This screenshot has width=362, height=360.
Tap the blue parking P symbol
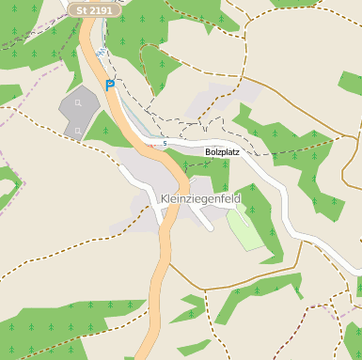pos(109,85)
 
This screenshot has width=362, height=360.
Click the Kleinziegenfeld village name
pos(200,199)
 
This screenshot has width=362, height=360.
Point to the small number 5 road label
pos(164,144)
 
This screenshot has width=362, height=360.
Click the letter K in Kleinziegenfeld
pos(165,199)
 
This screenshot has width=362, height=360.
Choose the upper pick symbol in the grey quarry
pos(78,102)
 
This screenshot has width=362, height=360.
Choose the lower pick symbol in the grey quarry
pos(78,130)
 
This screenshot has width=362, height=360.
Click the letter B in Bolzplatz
pos(209,150)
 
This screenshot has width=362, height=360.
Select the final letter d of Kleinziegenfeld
pos(237,199)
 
